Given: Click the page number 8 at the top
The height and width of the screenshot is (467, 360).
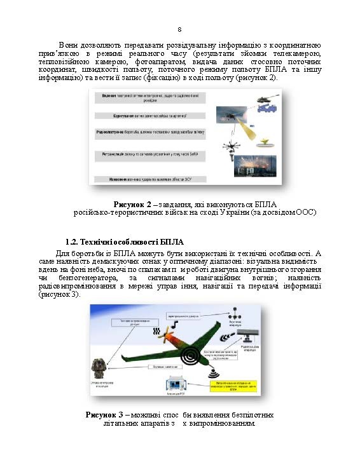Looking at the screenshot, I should click(179, 29).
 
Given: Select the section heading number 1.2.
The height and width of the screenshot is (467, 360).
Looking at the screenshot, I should click(73, 242).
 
